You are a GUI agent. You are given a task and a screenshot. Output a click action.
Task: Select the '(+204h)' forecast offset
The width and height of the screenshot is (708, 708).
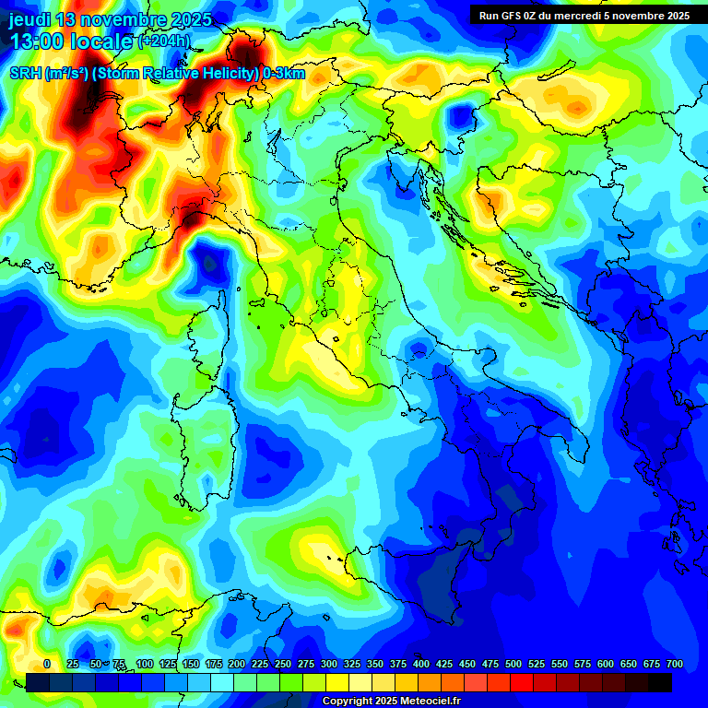(x=164, y=41)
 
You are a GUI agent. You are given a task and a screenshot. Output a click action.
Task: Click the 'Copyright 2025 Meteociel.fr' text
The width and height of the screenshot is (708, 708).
(x=391, y=701)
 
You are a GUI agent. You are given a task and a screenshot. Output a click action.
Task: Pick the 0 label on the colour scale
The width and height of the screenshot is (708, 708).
(x=47, y=664)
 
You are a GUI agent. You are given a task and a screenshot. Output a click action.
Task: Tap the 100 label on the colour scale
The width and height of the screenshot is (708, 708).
(x=145, y=664)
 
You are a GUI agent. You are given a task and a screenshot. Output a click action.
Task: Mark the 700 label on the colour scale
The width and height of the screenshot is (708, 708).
(x=675, y=664)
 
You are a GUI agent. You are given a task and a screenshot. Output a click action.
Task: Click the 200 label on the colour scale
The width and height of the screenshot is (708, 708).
(x=237, y=664)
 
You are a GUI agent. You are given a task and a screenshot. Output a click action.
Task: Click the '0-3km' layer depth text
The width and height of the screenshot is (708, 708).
(x=284, y=74)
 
